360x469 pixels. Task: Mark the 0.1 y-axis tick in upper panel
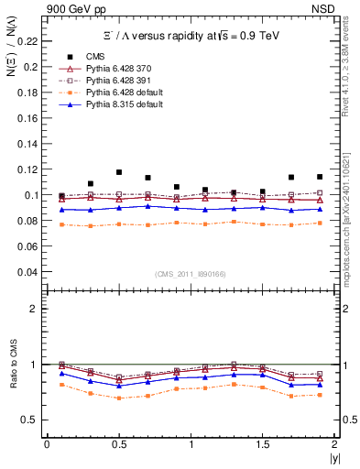pyautogui.click(x=33, y=195)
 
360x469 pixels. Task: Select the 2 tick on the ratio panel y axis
pyautogui.click(x=36, y=309)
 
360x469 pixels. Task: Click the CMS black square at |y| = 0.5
pyautogui.click(x=119, y=172)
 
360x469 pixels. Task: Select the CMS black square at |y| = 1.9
pyautogui.click(x=320, y=177)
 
